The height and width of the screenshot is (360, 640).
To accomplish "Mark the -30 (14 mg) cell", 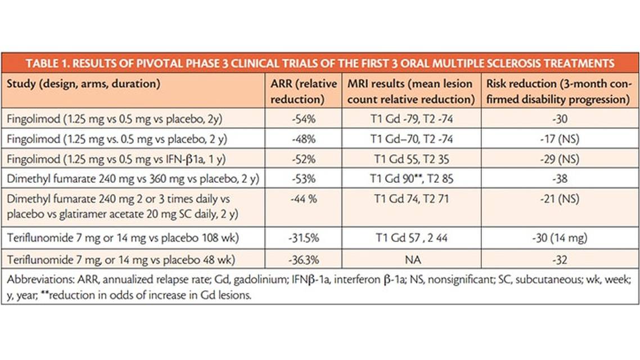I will click(x=559, y=238).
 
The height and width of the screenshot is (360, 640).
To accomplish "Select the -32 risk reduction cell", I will click(x=559, y=260).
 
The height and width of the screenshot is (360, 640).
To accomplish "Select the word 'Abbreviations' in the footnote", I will click(x=35, y=283).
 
